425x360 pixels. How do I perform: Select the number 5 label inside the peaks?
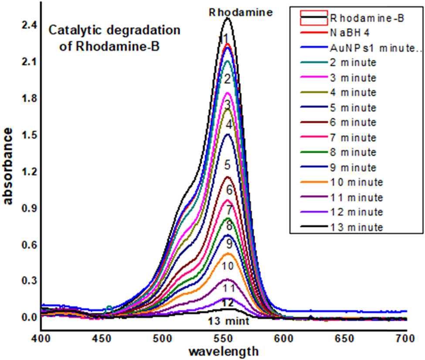(227, 165)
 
